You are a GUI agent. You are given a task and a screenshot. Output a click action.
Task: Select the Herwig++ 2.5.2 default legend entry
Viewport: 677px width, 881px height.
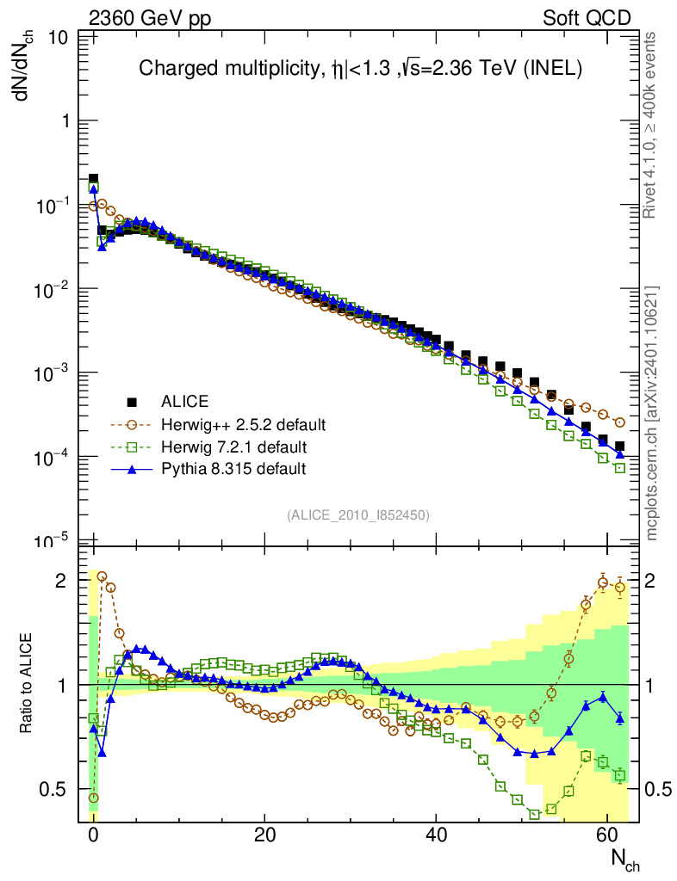(242, 424)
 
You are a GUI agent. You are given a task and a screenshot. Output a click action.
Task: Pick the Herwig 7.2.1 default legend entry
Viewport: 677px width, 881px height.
(233, 447)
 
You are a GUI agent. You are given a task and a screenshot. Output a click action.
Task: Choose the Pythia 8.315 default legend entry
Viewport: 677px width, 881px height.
(233, 469)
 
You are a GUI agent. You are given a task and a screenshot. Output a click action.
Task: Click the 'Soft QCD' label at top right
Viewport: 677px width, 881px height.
(587, 18)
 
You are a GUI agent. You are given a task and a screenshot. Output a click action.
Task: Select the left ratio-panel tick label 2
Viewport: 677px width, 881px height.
(60, 581)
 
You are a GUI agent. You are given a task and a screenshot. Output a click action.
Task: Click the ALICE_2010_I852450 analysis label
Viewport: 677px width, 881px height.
(357, 514)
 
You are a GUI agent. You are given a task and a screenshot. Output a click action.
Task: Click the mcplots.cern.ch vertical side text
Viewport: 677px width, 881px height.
(654, 413)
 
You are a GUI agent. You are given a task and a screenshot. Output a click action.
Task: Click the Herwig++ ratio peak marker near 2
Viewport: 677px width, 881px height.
(102, 576)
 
